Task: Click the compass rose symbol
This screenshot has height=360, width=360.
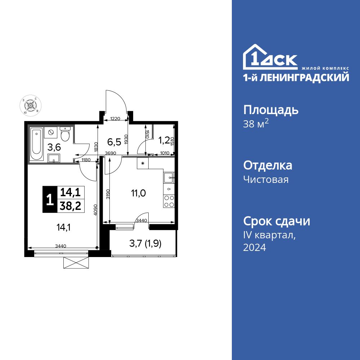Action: pyautogui.click(x=31, y=106)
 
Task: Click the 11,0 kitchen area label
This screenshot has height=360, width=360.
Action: pyautogui.click(x=138, y=193)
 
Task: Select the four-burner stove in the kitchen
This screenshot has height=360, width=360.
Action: pyautogui.click(x=169, y=202)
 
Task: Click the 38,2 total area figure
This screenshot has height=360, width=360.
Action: pyautogui.click(x=71, y=206)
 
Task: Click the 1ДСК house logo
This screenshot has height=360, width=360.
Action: pyautogui.click(x=270, y=58)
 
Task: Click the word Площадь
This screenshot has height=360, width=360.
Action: pyautogui.click(x=271, y=110)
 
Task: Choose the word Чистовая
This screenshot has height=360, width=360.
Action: pyautogui.click(x=266, y=179)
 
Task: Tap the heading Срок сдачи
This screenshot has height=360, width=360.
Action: pyautogui.click(x=276, y=221)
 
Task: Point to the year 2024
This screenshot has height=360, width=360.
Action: pyautogui.click(x=255, y=247)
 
